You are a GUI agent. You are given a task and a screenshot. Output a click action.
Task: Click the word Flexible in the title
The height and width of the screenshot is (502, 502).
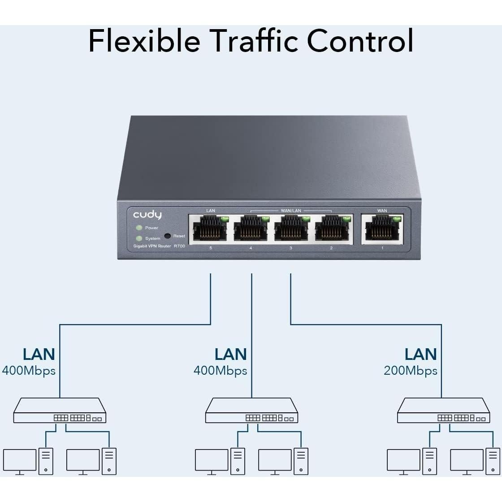point(144,40)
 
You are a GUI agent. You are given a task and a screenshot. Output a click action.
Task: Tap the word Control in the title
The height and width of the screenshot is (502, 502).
point(360,40)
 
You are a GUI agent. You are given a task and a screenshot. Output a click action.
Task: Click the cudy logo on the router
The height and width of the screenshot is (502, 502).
point(147,215)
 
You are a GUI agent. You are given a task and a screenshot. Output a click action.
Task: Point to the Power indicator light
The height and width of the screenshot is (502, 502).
point(139,228)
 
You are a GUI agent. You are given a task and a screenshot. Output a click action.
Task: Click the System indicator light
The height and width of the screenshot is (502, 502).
point(139,238)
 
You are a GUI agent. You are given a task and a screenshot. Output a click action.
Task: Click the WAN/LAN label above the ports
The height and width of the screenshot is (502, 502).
point(290,211)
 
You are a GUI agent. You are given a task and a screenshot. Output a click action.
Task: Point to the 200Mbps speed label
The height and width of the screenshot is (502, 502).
point(411,371)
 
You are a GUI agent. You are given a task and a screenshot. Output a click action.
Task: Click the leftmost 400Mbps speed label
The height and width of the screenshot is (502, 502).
point(29,371)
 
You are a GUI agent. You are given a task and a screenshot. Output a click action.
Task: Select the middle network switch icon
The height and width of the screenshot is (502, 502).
point(252,411)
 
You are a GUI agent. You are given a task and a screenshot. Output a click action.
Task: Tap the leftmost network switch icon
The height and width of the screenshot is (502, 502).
point(60,411)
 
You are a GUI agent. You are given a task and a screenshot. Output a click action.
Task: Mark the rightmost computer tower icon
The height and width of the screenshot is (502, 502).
point(493,461)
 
